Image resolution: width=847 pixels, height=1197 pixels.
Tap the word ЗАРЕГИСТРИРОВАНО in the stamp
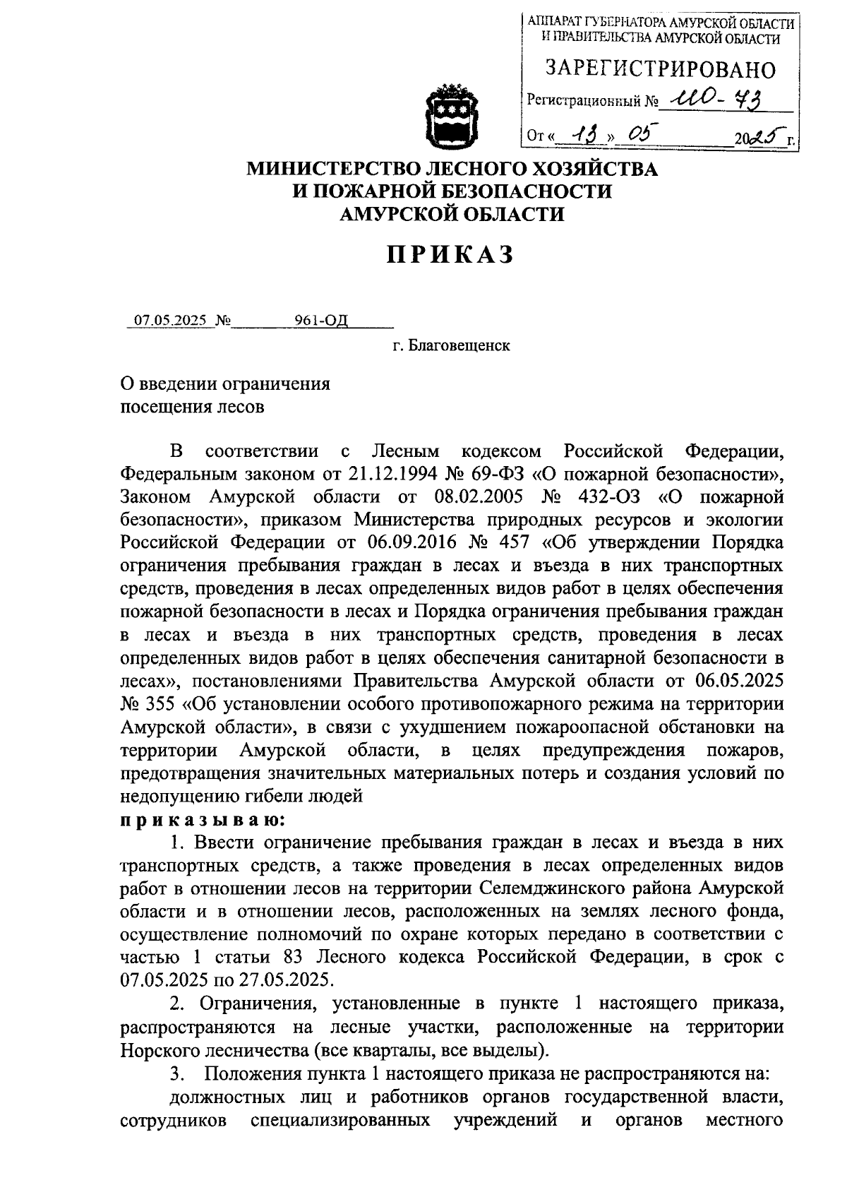661,69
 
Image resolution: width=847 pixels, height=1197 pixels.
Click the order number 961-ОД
321,321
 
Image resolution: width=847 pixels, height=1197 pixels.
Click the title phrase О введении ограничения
225,384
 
